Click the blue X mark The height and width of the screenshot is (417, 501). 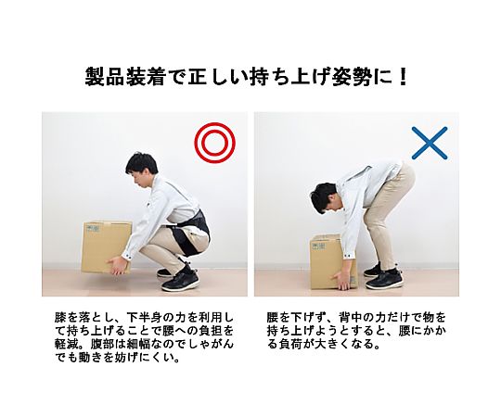click(x=430, y=143)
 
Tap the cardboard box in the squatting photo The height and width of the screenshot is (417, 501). click(x=107, y=246)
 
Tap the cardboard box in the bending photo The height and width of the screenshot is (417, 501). click(x=332, y=261)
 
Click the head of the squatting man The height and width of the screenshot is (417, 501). click(x=141, y=172)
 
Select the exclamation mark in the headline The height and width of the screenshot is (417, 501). click(x=404, y=77)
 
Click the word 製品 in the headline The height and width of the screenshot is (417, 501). click(x=104, y=77)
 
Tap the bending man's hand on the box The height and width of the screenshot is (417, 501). click(x=341, y=281)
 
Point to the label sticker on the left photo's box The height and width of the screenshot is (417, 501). click(x=93, y=229)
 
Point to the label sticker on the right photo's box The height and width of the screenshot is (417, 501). click(x=318, y=246)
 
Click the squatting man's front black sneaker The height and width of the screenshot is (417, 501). click(x=180, y=282)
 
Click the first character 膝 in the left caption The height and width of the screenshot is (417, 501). click(x=60, y=318)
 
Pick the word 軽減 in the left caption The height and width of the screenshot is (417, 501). click(x=66, y=344)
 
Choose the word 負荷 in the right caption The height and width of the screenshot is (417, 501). click(x=290, y=344)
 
